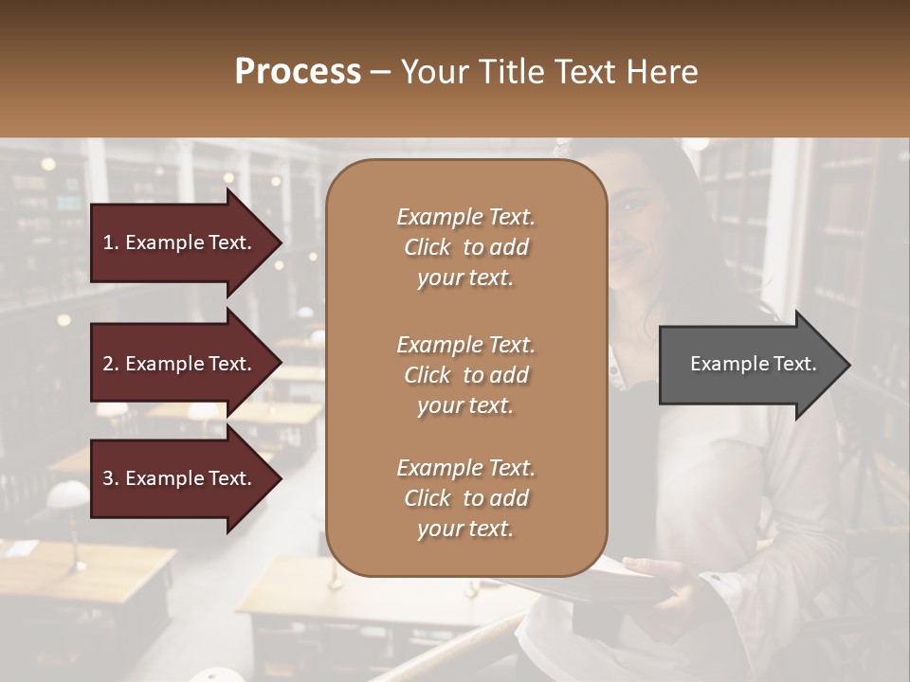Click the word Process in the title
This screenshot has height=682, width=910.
click(x=298, y=72)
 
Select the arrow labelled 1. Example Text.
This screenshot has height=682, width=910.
click(x=177, y=242)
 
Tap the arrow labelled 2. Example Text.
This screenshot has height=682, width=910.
click(x=177, y=364)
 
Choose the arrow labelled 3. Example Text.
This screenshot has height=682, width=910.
click(x=177, y=478)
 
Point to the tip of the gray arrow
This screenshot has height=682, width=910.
click(x=848, y=365)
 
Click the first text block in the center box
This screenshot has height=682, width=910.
click(x=465, y=247)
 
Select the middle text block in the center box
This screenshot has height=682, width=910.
click(x=465, y=375)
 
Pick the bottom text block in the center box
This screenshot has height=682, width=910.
click(x=465, y=498)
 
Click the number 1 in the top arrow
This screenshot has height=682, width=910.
click(x=108, y=242)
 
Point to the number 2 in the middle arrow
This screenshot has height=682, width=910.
click(x=108, y=364)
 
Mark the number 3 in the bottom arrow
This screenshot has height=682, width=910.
click(x=108, y=478)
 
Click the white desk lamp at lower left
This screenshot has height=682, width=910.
click(x=68, y=495)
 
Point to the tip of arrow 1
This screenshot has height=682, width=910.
click(x=281, y=242)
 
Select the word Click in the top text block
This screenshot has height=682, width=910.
click(x=428, y=247)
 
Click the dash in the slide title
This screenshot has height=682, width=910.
click(x=381, y=72)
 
